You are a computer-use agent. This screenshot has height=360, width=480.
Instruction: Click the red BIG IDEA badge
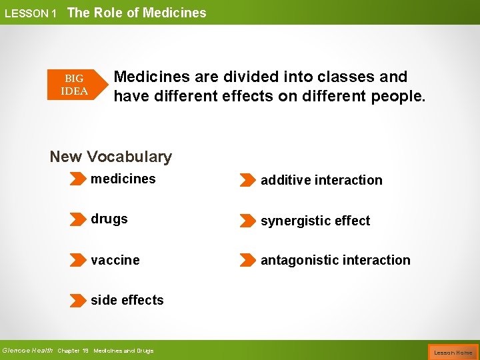[74, 85]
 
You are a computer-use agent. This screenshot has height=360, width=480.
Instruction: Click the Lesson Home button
[453, 352]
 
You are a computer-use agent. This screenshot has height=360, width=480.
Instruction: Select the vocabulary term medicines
[123, 179]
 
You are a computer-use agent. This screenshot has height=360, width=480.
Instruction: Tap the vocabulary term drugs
[109, 219]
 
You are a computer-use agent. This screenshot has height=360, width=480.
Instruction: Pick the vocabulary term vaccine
[115, 260]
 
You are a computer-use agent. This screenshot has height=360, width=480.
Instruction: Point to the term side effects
[127, 300]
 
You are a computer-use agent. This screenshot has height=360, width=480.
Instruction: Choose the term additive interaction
[321, 180]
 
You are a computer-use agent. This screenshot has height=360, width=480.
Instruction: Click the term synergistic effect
[315, 221]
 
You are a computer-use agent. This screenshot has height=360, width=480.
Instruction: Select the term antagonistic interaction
[335, 260]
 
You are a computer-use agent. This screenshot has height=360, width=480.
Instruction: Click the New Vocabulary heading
[111, 157]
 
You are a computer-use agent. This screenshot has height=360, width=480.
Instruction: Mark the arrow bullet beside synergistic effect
[247, 221]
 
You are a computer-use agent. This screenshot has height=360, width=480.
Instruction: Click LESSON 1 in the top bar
[30, 13]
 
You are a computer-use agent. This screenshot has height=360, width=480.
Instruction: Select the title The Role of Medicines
[137, 13]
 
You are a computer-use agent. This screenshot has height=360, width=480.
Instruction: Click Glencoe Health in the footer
[27, 351]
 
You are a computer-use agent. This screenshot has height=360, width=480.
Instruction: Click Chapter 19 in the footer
[73, 351]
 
